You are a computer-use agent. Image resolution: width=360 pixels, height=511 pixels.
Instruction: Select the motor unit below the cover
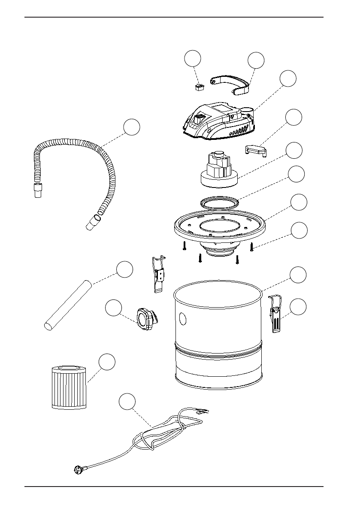(x=219, y=171)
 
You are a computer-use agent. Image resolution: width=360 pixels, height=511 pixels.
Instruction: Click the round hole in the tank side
(x=183, y=319)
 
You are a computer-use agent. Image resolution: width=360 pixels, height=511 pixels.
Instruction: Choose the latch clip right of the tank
(x=275, y=313)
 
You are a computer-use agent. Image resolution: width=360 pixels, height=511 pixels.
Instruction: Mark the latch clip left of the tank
(x=159, y=274)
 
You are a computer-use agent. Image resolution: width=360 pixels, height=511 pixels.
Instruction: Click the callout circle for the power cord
(x=127, y=401)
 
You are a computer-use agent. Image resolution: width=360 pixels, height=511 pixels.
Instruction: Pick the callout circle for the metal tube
(x=124, y=269)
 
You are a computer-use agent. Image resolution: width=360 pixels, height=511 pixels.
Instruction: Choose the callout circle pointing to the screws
(x=299, y=230)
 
